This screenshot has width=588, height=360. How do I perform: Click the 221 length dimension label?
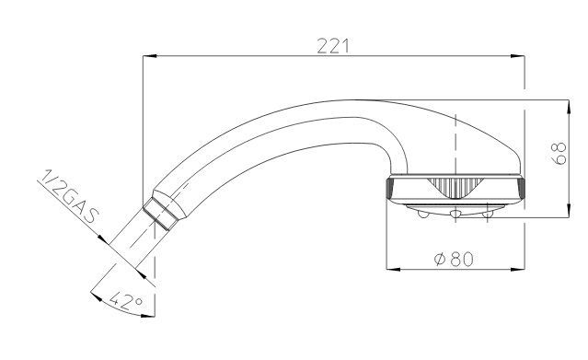[x=333, y=46]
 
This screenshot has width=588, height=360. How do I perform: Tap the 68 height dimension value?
[x=559, y=153]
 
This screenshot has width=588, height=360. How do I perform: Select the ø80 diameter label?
[x=454, y=259]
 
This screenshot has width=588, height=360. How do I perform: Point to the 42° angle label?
[x=126, y=300]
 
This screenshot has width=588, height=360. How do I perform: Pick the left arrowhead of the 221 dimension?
[x=149, y=56]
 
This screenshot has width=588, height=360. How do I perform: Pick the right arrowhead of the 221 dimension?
[x=518, y=56]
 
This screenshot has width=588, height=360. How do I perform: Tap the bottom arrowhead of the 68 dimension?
[x=569, y=211]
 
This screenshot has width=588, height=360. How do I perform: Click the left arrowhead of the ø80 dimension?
[x=393, y=269]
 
